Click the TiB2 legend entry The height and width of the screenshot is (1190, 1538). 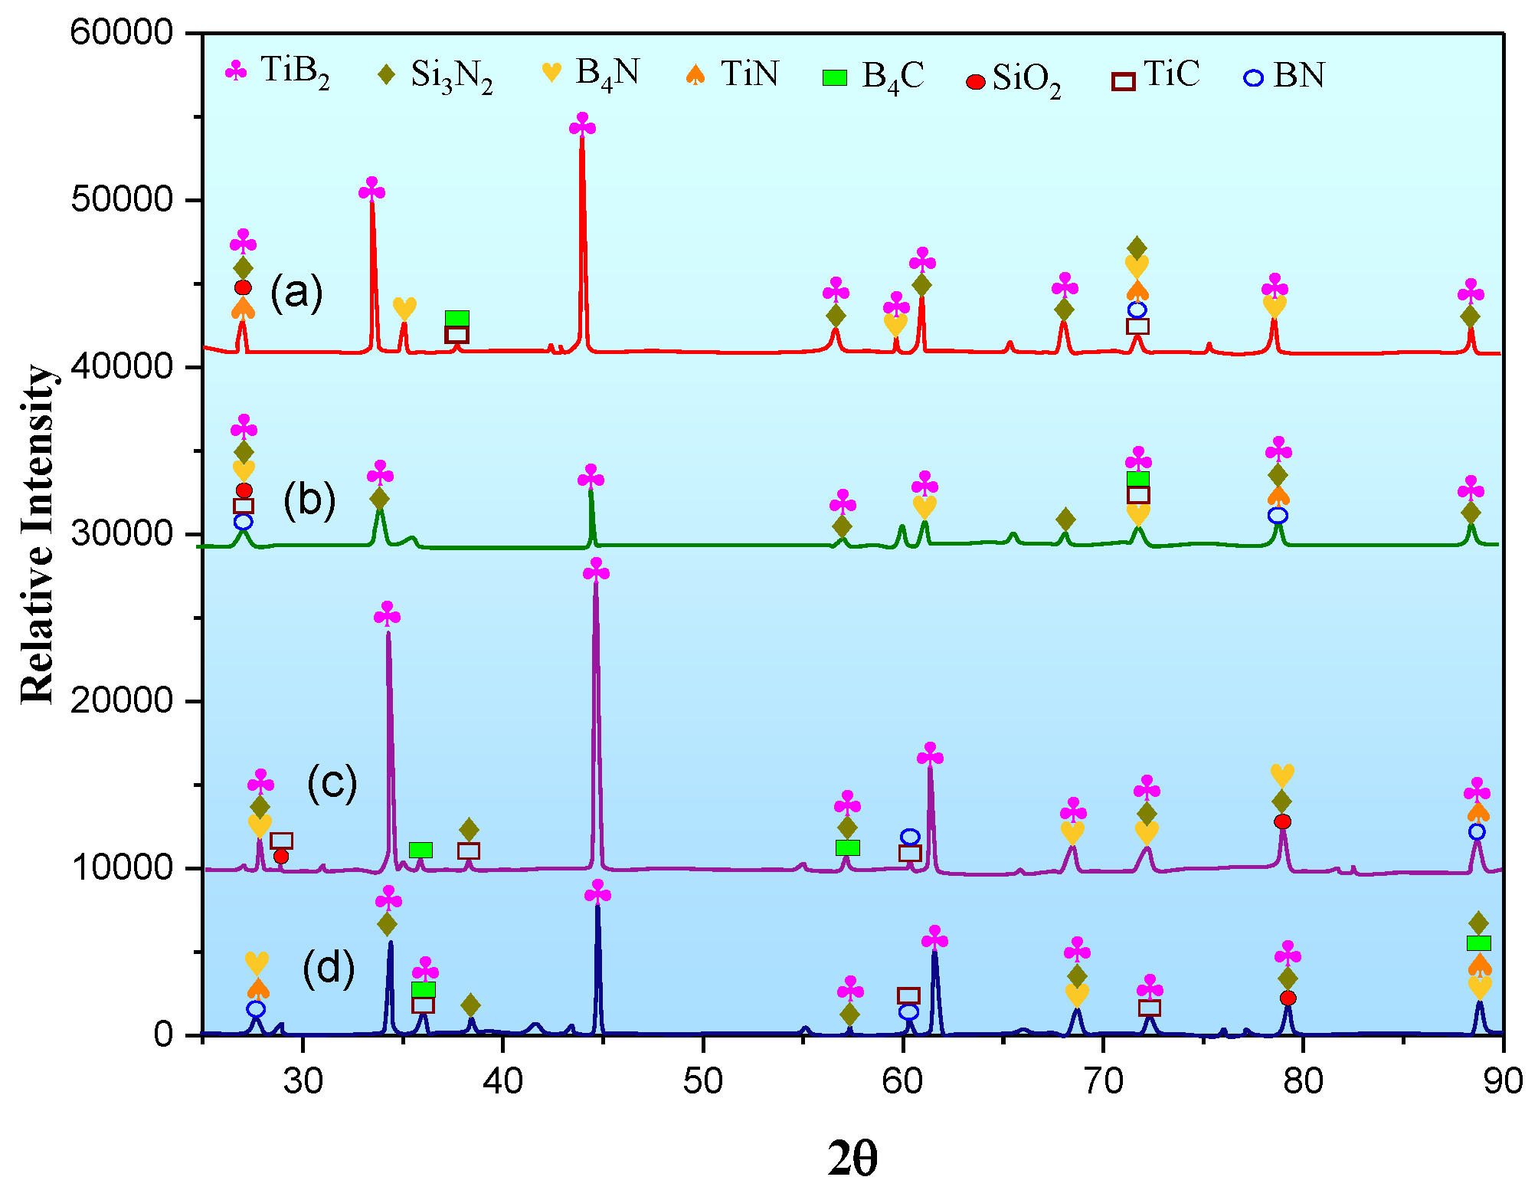tap(280, 73)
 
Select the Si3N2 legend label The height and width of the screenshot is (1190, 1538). tap(435, 76)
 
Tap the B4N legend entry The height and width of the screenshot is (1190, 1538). tap(591, 74)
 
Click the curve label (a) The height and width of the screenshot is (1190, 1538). tap(296, 293)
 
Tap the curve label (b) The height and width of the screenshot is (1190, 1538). tap(309, 500)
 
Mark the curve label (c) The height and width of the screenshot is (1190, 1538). tap(332, 783)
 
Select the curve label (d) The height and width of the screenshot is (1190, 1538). tap(329, 968)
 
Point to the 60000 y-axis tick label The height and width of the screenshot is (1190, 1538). tap(123, 33)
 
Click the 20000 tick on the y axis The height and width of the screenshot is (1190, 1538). tap(123, 701)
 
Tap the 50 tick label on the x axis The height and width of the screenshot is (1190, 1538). tap(702, 1081)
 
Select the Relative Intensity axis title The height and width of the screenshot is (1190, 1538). tap(38, 534)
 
